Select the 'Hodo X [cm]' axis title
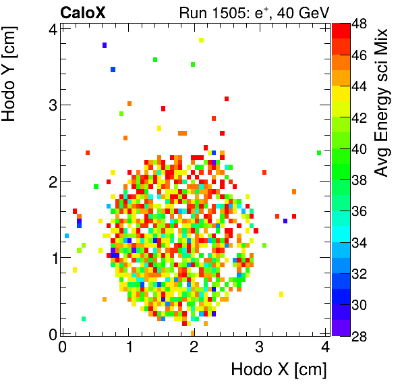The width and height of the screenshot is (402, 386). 279,369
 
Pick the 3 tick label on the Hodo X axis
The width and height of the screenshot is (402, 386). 260,347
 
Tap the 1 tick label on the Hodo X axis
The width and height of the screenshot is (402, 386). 128,347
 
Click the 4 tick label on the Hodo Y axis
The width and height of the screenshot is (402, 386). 51,28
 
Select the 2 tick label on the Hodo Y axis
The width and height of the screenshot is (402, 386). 51,182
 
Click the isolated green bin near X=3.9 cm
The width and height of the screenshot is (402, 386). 318,153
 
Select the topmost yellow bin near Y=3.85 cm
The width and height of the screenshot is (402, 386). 201,40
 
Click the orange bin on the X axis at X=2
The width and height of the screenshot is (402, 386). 193,332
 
